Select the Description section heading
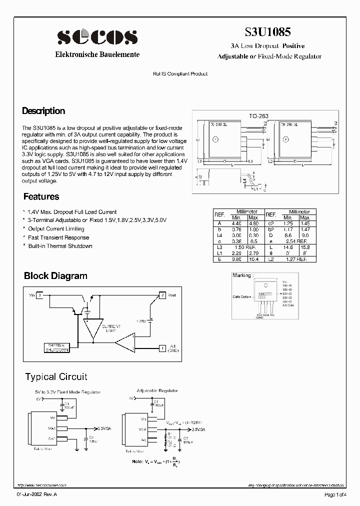43,111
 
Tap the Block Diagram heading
55,275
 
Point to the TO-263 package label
259,115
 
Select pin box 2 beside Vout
162,295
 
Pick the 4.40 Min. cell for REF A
236,223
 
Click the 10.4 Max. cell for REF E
253,259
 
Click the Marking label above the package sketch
243,275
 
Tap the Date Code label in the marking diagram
241,296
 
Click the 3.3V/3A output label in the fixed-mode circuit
105,428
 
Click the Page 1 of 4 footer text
335,494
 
